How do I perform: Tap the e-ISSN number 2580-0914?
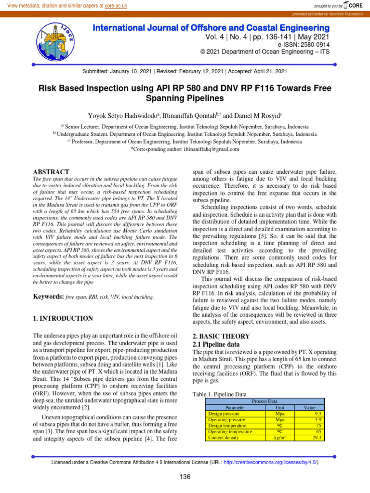(312, 44)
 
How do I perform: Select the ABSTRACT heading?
(51, 172)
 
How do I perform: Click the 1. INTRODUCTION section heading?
(63, 318)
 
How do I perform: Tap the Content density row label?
(222, 438)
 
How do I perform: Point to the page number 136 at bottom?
(185, 477)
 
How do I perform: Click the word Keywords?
(48, 297)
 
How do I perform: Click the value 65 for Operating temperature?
(318, 431)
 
